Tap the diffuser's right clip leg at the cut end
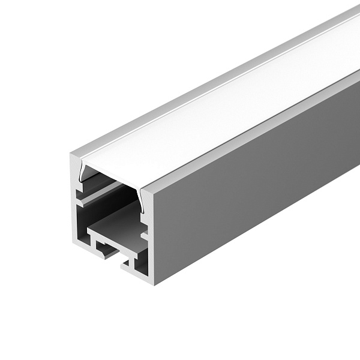[144, 195]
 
